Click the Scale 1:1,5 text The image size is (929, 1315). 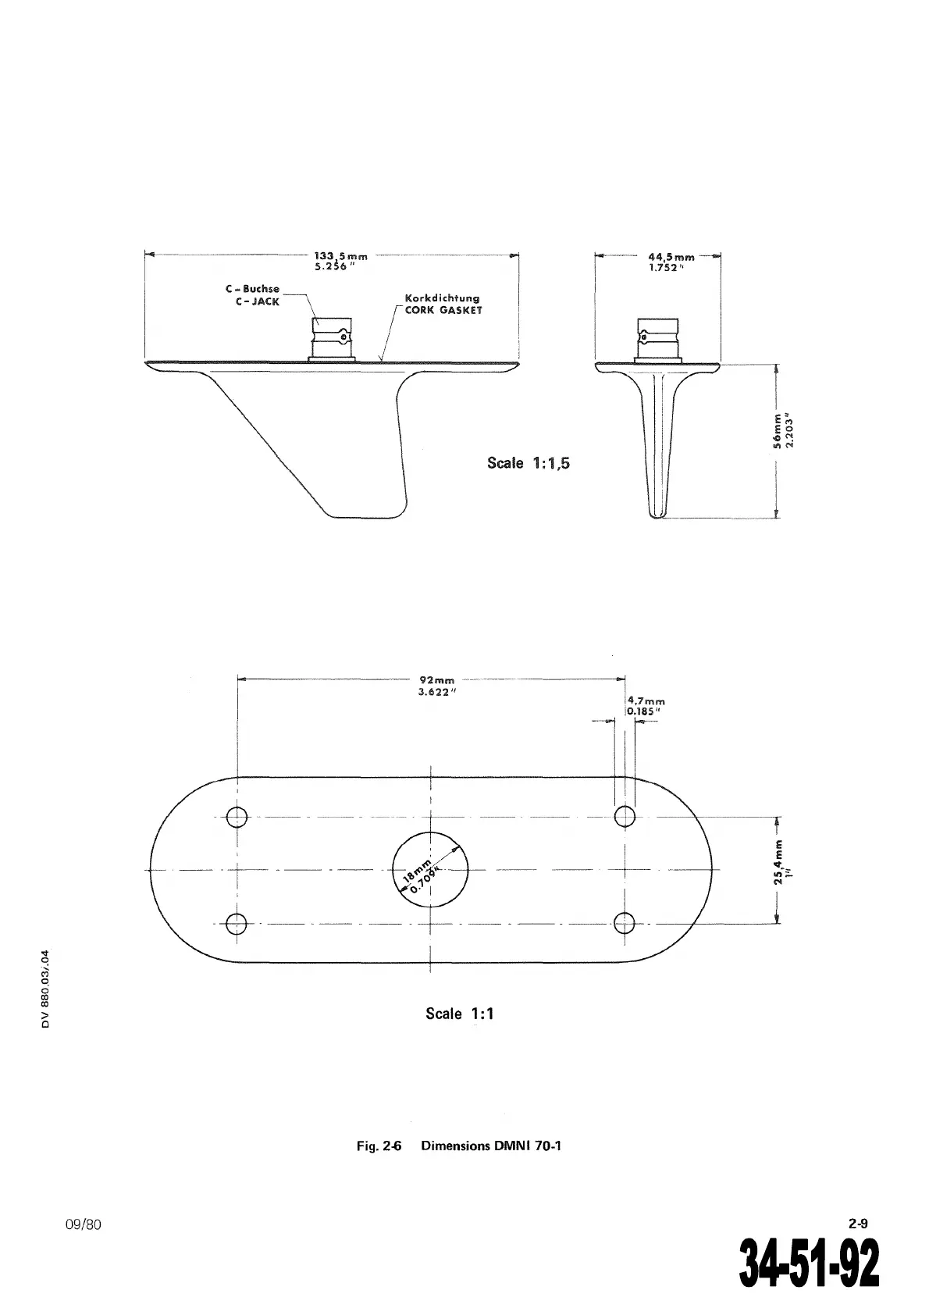529,463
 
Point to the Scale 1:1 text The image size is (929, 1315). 460,1014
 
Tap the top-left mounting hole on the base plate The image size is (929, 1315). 237,817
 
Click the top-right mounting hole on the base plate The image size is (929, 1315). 625,816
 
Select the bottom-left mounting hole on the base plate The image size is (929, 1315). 237,923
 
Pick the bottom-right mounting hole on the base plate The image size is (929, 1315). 625,923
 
